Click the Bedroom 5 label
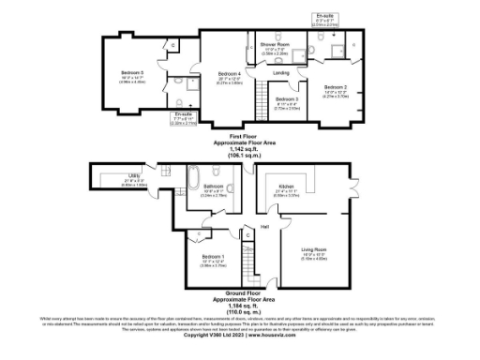pos(133,72)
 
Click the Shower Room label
pos(275,44)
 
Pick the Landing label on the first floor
pos(280,72)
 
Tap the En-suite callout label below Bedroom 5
pos(185,116)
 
